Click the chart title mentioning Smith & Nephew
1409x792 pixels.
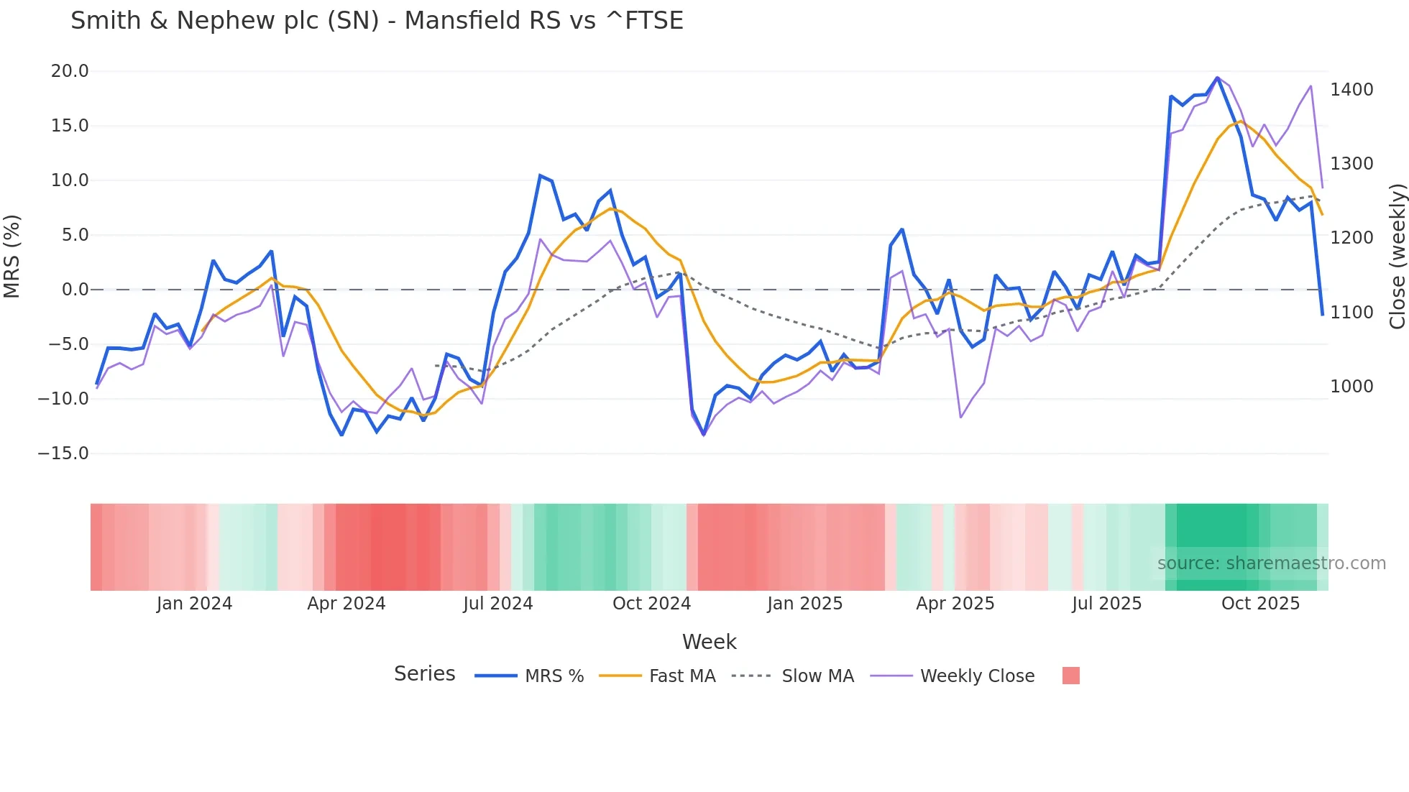coord(377,21)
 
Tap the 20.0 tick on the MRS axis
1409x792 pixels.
coord(70,71)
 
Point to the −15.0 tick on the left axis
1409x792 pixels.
coord(63,453)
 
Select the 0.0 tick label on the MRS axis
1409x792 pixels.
coord(75,290)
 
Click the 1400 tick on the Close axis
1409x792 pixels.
coord(1351,90)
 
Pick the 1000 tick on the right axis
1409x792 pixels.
coord(1351,387)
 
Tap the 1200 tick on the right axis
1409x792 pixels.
coord(1351,238)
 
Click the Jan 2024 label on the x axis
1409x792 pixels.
coord(194,604)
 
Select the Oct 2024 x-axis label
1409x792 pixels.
coord(651,604)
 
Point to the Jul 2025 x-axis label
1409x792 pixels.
coord(1106,604)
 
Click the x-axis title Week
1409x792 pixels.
coord(709,642)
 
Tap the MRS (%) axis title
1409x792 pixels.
coord(12,257)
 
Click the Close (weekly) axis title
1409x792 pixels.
coord(1397,257)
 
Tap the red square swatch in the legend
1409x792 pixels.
coord(1070,676)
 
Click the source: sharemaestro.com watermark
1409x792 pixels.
coord(1271,563)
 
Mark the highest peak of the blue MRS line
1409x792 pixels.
coord(1217,78)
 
